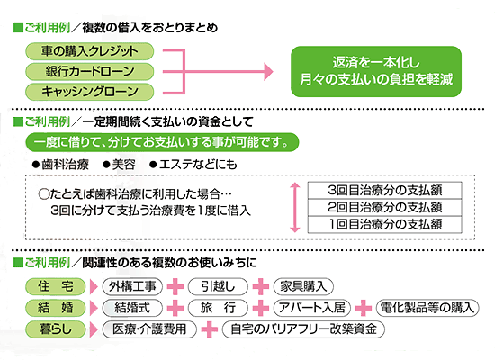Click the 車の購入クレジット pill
point(89,51)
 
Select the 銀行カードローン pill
point(89,71)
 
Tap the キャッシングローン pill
point(89,92)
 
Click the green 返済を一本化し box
point(376,71)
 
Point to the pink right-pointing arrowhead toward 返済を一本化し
point(268,72)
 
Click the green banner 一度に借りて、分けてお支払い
point(162,142)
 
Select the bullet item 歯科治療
point(60,165)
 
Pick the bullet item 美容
point(120,165)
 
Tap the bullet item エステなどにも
point(193,165)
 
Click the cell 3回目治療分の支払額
point(385,190)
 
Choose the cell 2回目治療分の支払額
point(385,208)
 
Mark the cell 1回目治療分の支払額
point(385,224)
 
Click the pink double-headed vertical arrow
point(295,208)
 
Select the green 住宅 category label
point(56,287)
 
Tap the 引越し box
point(218,287)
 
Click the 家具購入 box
point(303,287)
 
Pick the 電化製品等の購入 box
point(427,308)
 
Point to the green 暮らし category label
point(56,329)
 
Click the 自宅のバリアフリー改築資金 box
point(303,329)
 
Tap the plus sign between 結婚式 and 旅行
point(175,308)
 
